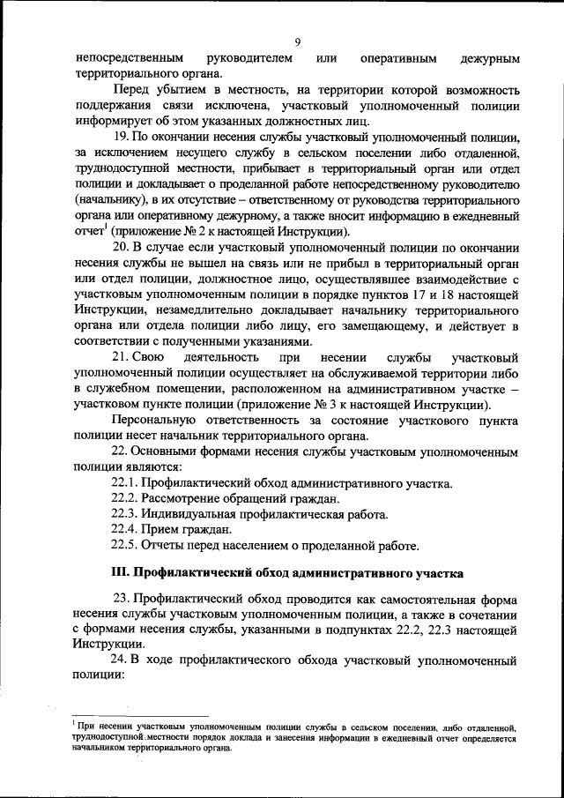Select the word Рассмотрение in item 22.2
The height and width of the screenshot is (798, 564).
(x=182, y=499)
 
